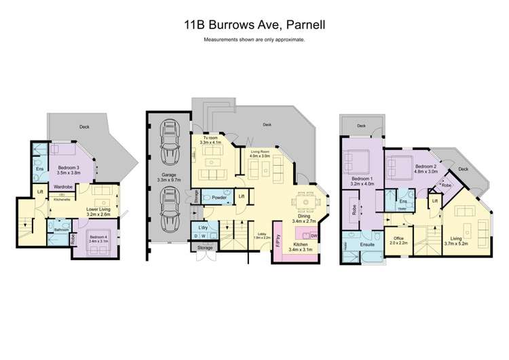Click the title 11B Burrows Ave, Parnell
[254, 26]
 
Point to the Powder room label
[219, 198]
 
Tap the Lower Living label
[98, 211]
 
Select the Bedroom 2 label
[425, 168]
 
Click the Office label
[399, 240]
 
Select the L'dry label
[202, 226]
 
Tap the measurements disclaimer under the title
[254, 40]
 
